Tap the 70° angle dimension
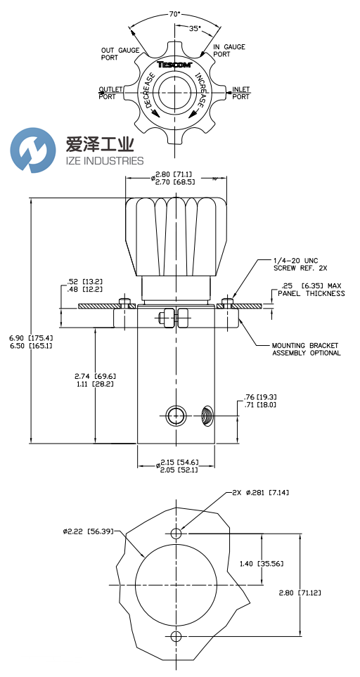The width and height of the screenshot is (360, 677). coord(174,13)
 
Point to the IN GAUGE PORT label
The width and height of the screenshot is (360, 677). coord(229,50)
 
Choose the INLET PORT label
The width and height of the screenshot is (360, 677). coord(240,93)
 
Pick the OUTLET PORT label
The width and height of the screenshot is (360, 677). coord(110,93)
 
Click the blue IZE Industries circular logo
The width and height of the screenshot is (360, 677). coord(33,150)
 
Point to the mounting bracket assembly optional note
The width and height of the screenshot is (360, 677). coord(306,349)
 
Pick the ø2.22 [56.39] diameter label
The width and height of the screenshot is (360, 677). coord(88,531)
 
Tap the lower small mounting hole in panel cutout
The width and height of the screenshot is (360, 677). coord(176,636)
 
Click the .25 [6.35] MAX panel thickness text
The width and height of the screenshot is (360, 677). coord(310,289)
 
